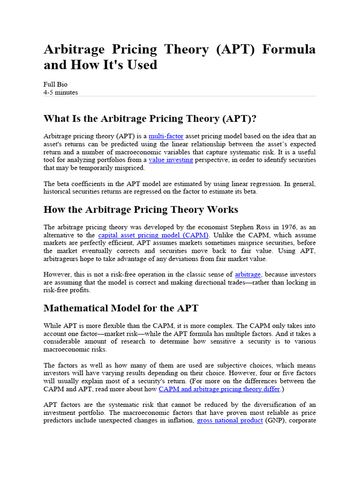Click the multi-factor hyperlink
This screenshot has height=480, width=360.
[x=166, y=136]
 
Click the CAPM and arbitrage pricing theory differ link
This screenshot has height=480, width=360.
[x=219, y=389]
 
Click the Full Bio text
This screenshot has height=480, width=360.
[x=55, y=84]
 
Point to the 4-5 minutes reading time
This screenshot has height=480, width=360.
[x=61, y=92]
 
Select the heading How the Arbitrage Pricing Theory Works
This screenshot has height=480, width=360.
[x=141, y=209]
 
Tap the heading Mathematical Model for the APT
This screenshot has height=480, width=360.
[x=121, y=308]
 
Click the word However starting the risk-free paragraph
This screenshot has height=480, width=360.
[x=59, y=274]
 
